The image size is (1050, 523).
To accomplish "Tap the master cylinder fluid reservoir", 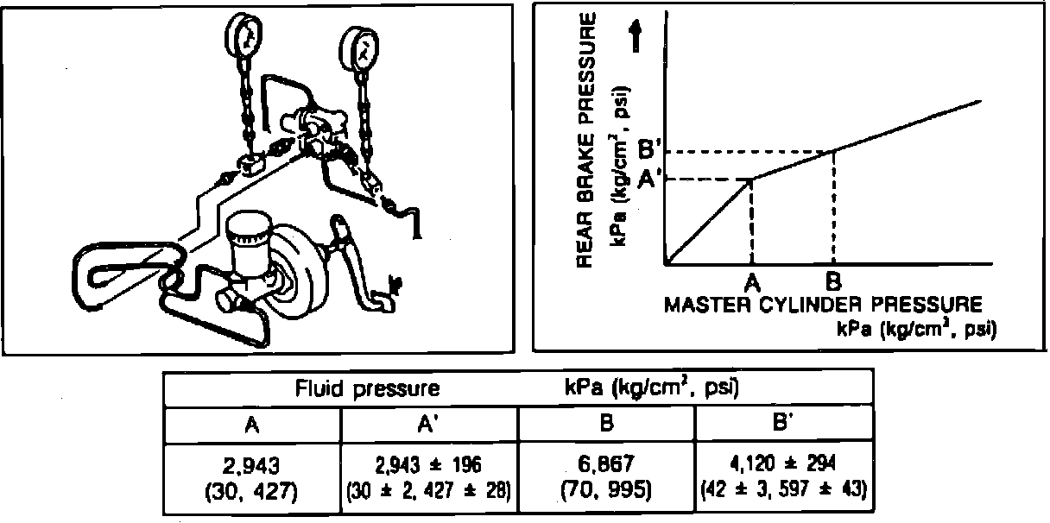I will (x=249, y=241).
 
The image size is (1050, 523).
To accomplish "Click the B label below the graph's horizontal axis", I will (x=833, y=280).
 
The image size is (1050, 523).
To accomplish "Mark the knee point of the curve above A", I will (x=753, y=179).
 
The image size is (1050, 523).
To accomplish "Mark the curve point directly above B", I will (x=833, y=152).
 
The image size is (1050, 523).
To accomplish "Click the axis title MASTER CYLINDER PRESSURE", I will (x=823, y=305).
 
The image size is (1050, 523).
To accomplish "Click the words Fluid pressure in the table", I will (x=368, y=389).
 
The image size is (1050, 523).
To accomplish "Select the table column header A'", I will (x=430, y=425).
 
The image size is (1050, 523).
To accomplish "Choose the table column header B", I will (x=606, y=425).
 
